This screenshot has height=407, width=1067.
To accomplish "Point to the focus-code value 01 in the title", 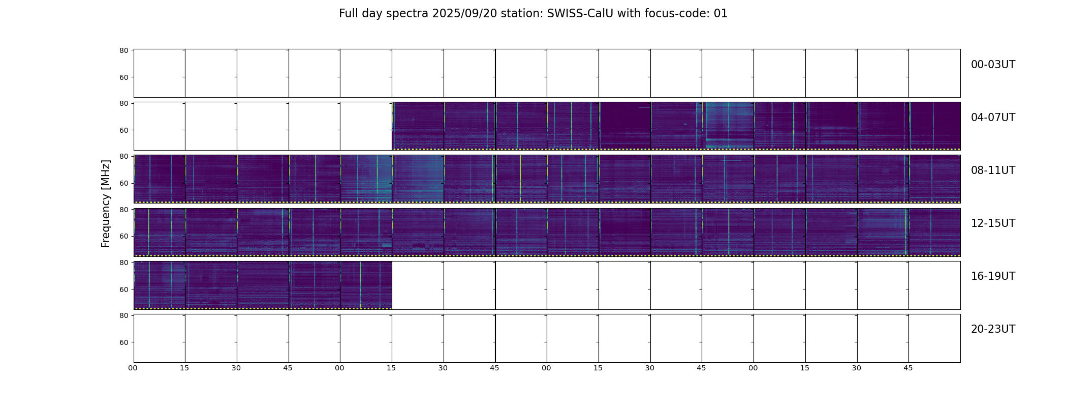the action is [x=720, y=14].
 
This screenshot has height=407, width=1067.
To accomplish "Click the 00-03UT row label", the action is [x=993, y=65].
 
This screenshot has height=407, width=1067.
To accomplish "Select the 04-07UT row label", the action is [x=993, y=118].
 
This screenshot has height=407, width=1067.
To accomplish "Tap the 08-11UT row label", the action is [x=993, y=170].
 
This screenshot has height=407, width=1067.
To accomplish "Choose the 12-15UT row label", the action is [x=993, y=223].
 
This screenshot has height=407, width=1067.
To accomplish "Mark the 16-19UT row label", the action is [x=993, y=276].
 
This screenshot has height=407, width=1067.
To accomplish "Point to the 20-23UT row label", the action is [x=993, y=329].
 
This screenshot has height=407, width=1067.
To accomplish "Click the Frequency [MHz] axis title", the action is [x=106, y=203].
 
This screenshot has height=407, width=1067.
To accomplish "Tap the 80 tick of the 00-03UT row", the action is [x=123, y=50].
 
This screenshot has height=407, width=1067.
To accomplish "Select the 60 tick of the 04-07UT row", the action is [x=123, y=130].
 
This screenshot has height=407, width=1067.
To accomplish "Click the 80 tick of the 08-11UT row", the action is [x=123, y=156].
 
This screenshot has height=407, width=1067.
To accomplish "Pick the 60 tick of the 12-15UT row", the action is [x=123, y=236].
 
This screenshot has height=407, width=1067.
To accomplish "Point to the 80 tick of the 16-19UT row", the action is [x=123, y=263].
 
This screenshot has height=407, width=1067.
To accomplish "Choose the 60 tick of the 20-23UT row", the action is [x=123, y=342].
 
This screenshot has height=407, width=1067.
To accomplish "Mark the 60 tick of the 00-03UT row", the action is [x=123, y=77].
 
